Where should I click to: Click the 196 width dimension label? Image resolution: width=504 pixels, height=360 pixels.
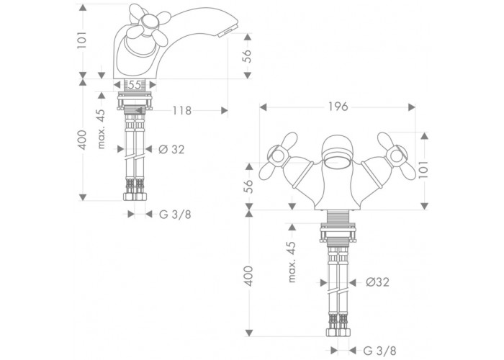[x=338, y=107]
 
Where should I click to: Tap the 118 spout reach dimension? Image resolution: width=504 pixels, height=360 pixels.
[x=182, y=111]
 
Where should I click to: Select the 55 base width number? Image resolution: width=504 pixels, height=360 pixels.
[x=135, y=85]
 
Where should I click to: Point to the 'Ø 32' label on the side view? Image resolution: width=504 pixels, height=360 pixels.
[x=171, y=149]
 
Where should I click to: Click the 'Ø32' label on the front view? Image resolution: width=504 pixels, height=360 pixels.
[x=378, y=282]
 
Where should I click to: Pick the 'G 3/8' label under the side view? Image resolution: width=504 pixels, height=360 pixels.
[x=175, y=214]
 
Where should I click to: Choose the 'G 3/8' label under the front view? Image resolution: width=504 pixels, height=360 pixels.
[x=380, y=351]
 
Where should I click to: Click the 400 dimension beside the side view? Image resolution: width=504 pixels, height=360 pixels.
[x=83, y=140]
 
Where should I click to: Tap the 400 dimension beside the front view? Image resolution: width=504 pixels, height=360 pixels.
[x=249, y=276]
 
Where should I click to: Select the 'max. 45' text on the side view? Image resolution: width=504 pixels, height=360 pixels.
[x=102, y=129]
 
